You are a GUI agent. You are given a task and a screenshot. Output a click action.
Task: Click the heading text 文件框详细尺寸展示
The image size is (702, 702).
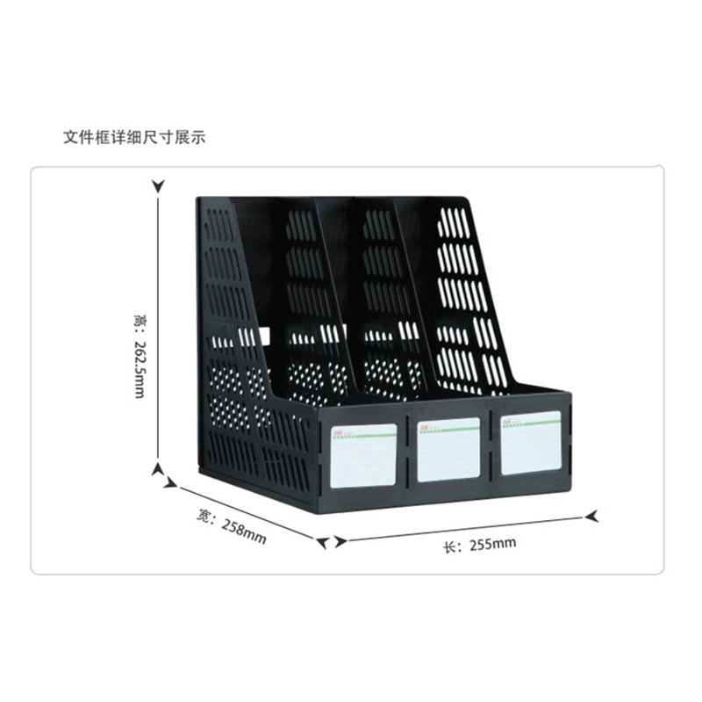pos(134,138)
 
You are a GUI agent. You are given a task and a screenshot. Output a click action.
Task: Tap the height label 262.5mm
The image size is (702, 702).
pos(139,365)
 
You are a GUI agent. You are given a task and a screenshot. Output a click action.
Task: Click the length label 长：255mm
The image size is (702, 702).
pos(479,545)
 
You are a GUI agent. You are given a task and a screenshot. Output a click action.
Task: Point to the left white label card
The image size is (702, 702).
pos(363,455)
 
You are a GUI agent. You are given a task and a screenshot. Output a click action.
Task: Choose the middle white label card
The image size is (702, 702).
pos(448,449)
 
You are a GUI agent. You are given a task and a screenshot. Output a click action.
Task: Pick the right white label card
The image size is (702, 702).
pos(530,443)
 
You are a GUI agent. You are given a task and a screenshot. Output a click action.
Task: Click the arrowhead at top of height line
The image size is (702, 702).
pos(158,186)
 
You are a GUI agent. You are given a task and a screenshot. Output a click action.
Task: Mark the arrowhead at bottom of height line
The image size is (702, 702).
pos(158,469)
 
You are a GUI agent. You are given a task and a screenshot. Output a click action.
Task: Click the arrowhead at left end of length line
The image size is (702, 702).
pos(325,543)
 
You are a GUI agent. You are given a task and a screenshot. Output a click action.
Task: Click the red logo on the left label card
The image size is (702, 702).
pos(339,431)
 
